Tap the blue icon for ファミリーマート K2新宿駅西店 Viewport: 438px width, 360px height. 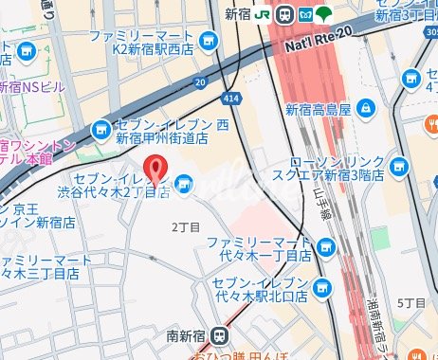click(x=208, y=40)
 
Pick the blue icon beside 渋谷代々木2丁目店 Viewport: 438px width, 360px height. click(x=184, y=182)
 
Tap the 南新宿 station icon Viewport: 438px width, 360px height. click(x=220, y=334)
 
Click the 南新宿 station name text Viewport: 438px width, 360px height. click(x=186, y=334)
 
